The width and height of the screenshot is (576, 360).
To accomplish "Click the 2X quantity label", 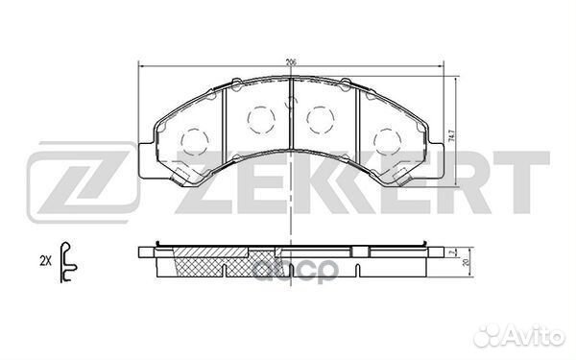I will pyautogui.click(x=43, y=259).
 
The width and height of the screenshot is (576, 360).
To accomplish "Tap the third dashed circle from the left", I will pyautogui.click(x=317, y=119).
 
